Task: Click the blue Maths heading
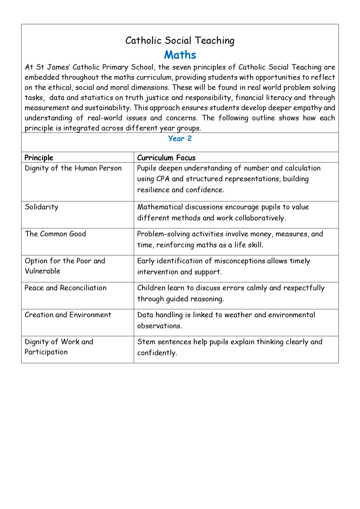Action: (180, 55)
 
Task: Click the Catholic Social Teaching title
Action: (180, 41)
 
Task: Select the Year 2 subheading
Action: (180, 139)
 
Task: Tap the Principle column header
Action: (39, 158)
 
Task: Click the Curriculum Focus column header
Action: (166, 158)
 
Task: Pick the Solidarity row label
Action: (41, 207)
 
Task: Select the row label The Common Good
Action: (55, 234)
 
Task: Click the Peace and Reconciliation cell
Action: (66, 288)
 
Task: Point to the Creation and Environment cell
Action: (68, 315)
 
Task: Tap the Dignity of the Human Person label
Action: (73, 168)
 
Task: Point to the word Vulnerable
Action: (42, 271)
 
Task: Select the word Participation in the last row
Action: (46, 352)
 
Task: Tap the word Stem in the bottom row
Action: (146, 342)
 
